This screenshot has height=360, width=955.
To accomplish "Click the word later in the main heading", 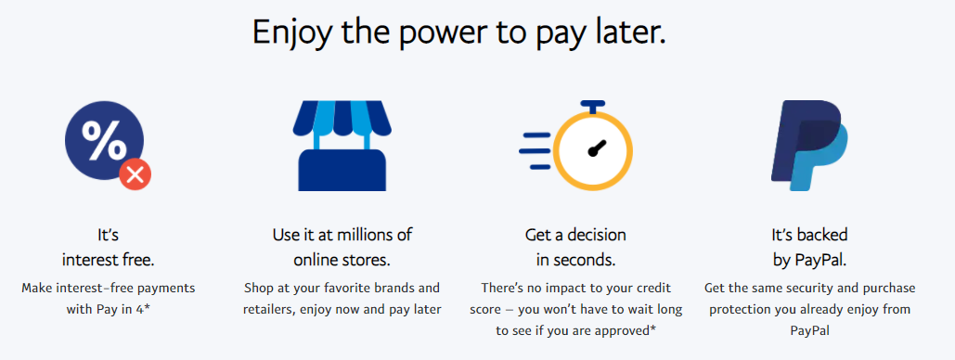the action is coord(632,32).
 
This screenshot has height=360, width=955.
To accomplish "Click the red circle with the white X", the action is coord(136,175).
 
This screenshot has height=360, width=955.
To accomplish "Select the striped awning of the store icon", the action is coord(342,118).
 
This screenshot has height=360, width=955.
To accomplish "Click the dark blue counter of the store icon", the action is coord(342,170).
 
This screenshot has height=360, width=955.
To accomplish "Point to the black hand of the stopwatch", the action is coord(597,148).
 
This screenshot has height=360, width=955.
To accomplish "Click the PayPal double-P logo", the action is coord(809,146).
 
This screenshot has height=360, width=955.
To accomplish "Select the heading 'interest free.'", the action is coord(108,260).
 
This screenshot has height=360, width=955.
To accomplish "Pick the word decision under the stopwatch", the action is coord(593,235).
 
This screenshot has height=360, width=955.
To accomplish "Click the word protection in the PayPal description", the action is coord(740,310).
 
